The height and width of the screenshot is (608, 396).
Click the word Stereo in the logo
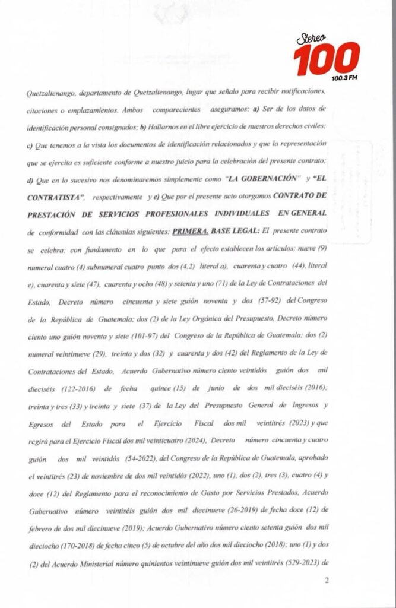coord(313,39)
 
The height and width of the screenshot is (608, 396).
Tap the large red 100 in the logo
coord(326,59)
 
